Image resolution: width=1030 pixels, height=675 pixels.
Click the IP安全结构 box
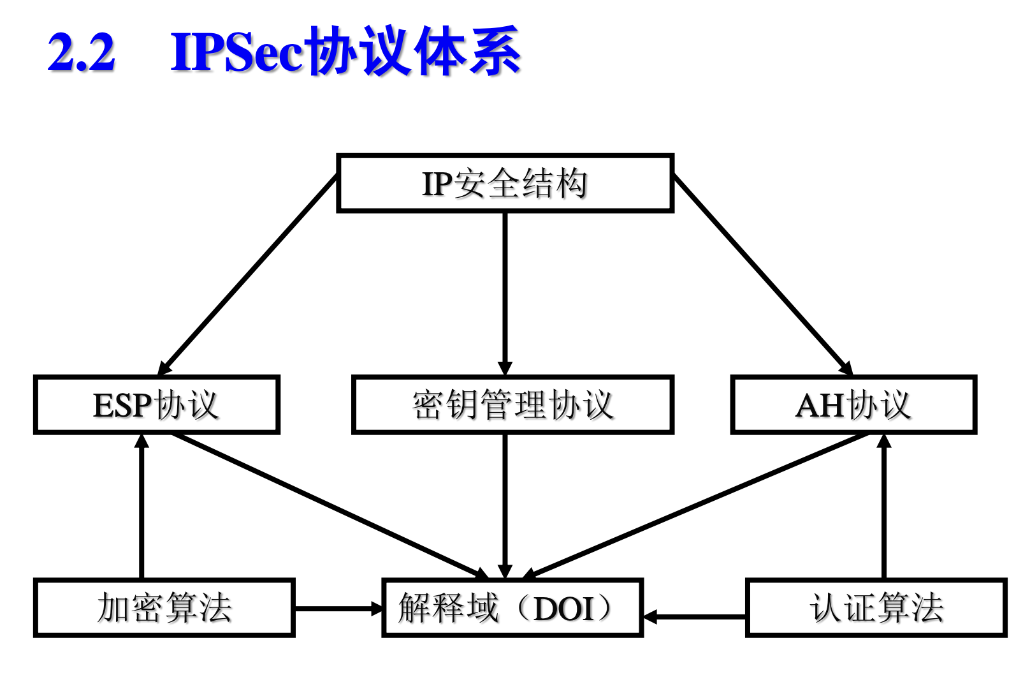point(505,183)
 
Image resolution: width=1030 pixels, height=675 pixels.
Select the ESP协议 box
point(157,405)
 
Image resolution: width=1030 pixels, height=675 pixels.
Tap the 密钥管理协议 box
point(512,405)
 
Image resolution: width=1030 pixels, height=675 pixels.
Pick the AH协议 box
point(853,405)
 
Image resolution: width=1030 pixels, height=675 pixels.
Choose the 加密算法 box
point(164,608)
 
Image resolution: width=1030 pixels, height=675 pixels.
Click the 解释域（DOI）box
point(512,608)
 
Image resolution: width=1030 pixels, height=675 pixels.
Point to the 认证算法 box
point(876,608)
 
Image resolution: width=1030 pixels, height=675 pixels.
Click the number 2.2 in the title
point(82,52)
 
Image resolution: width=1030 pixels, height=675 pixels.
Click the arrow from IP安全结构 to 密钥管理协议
point(505,293)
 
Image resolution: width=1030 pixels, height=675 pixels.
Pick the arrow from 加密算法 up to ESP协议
point(141,507)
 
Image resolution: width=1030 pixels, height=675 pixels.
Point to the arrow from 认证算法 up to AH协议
point(883,507)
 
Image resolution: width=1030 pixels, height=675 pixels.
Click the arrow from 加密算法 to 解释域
point(338,609)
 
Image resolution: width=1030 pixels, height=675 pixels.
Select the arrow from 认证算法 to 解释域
point(695,617)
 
